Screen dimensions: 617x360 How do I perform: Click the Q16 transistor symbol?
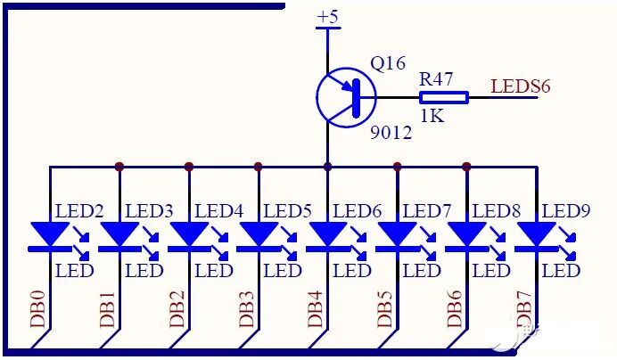click(345, 97)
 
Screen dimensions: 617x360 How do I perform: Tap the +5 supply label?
click(328, 17)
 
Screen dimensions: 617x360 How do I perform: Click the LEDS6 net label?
click(521, 86)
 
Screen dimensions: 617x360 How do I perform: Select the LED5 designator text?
click(288, 211)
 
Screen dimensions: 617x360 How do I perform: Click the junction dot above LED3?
click(119, 166)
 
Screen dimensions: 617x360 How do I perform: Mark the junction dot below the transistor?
click(327, 166)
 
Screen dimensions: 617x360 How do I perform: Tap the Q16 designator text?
click(388, 64)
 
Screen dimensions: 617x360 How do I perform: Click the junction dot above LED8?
click(466, 166)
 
